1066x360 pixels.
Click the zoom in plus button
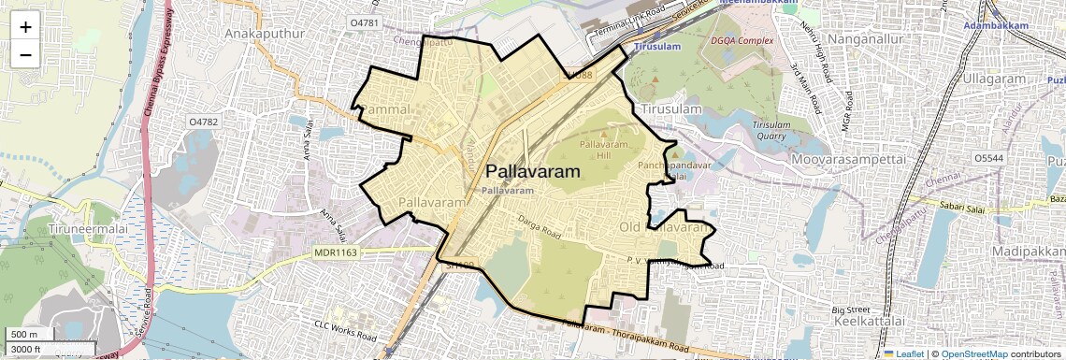coord(25,27)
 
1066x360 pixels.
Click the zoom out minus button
coord(25,54)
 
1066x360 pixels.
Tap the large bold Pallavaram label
coord(533,172)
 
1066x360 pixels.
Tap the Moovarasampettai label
coord(849,161)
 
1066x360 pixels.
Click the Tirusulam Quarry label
coord(771,129)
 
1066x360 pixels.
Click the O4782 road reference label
coord(203,122)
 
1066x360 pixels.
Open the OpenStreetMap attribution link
coord(972,354)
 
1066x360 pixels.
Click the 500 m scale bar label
coord(24,335)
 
